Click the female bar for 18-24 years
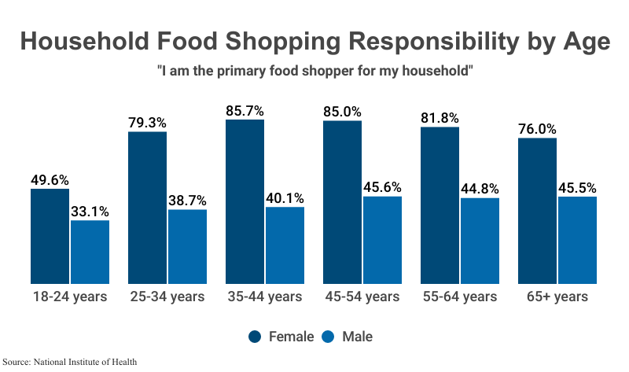50,236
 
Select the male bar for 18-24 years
90,252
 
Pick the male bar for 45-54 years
382,240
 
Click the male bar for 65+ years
577,240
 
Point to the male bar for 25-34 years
187,246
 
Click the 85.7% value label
245,111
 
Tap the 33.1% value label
90,212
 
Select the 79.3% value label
147,123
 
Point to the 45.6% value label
382,187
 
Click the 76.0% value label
537,129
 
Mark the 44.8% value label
480,189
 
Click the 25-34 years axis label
167,296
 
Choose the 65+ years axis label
557,296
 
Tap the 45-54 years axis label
362,296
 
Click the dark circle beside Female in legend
256,337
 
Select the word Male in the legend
357,337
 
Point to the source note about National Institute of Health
75,362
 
